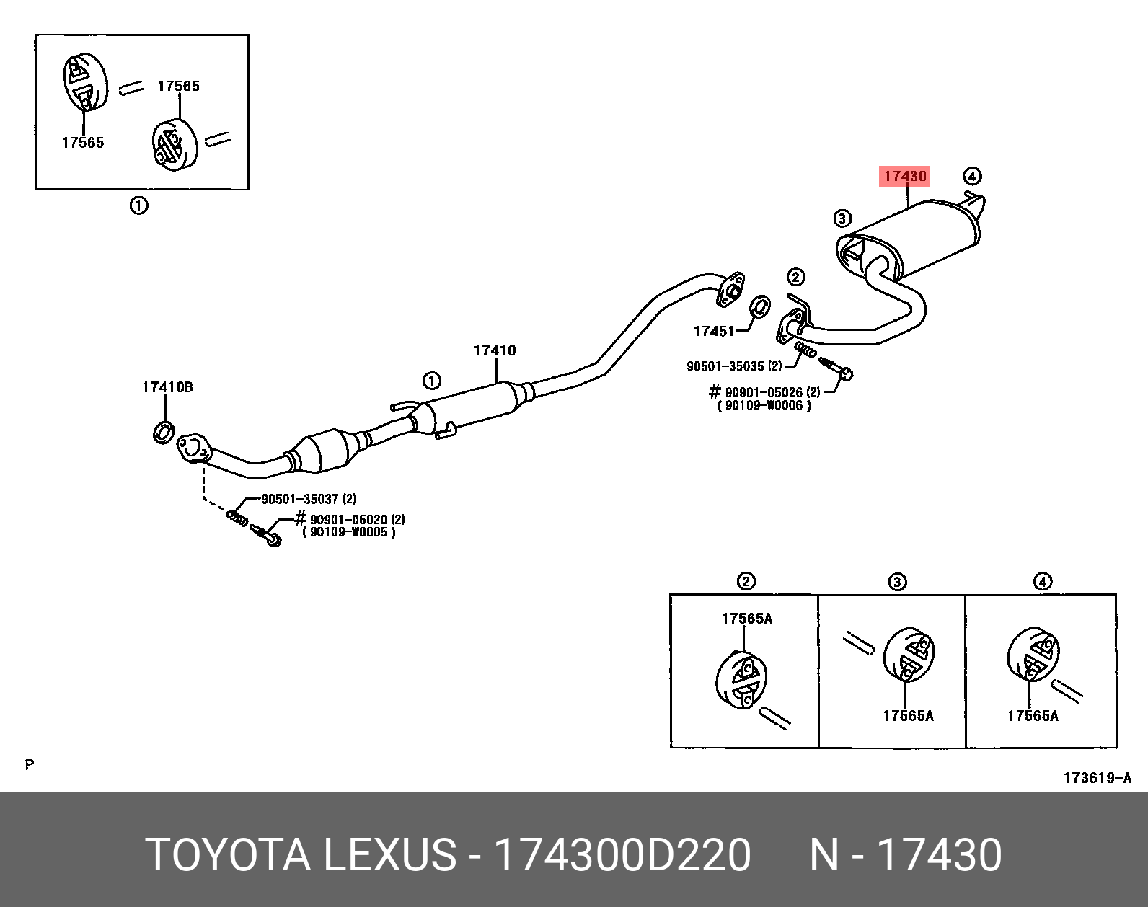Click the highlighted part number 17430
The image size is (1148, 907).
pos(904,176)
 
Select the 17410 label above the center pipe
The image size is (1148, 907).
pos(495,350)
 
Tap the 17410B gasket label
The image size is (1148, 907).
pos(167,387)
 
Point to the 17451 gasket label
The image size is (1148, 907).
pos(713,331)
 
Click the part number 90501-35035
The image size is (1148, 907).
pos(725,366)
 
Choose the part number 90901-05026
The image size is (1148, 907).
pos(764,392)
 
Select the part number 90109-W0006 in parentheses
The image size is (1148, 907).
pos(764,406)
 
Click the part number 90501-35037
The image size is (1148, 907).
pos(299,499)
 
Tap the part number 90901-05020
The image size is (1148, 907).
pos(348,519)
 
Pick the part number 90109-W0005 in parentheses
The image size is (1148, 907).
pos(348,533)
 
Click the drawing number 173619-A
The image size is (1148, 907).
pos(1097,777)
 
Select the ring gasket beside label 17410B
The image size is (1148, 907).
pos(164,433)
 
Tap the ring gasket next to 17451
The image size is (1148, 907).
pos(759,307)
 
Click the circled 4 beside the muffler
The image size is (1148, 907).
pos(971,176)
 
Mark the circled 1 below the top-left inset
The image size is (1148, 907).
pos(138,205)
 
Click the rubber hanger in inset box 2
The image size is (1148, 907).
pos(741,680)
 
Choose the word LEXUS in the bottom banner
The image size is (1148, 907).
pos(389,855)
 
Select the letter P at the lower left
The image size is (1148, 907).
pos(29,764)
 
